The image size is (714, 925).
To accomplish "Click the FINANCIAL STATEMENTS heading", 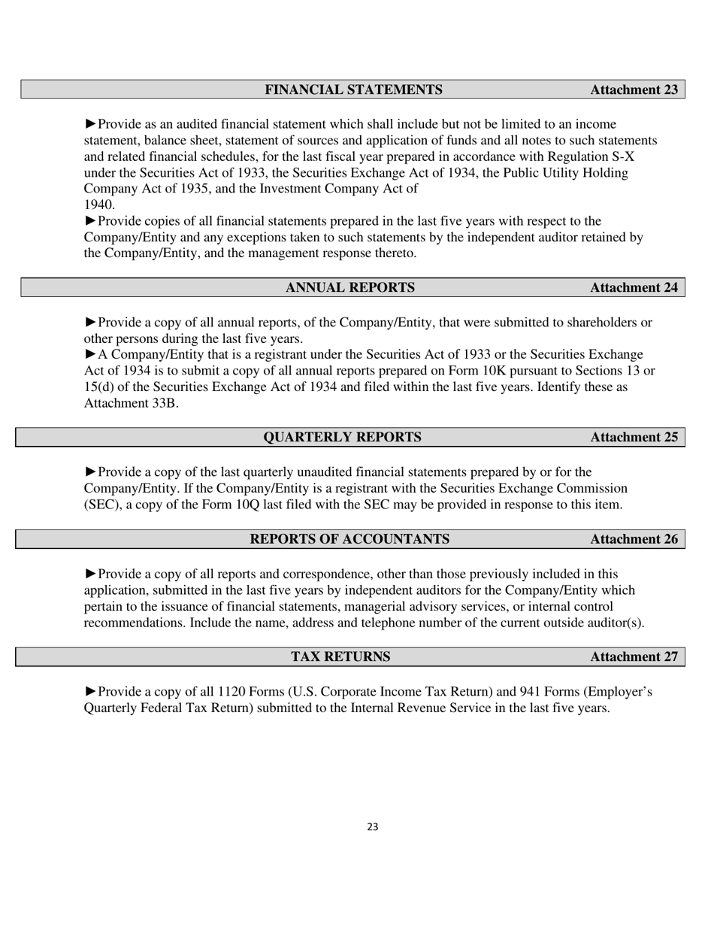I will [353, 89].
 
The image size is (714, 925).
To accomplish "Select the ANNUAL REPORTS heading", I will [349, 287].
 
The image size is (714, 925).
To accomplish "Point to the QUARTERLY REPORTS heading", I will [342, 437].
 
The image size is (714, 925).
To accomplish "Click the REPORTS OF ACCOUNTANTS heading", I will [349, 539].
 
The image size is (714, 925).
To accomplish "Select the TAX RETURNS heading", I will [340, 657].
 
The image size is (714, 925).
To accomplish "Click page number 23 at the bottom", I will [373, 827].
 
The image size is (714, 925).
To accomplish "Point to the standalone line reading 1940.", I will [99, 205].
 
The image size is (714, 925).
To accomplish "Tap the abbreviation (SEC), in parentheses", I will [101, 505].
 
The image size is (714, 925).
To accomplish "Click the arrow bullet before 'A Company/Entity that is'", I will [90, 354].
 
